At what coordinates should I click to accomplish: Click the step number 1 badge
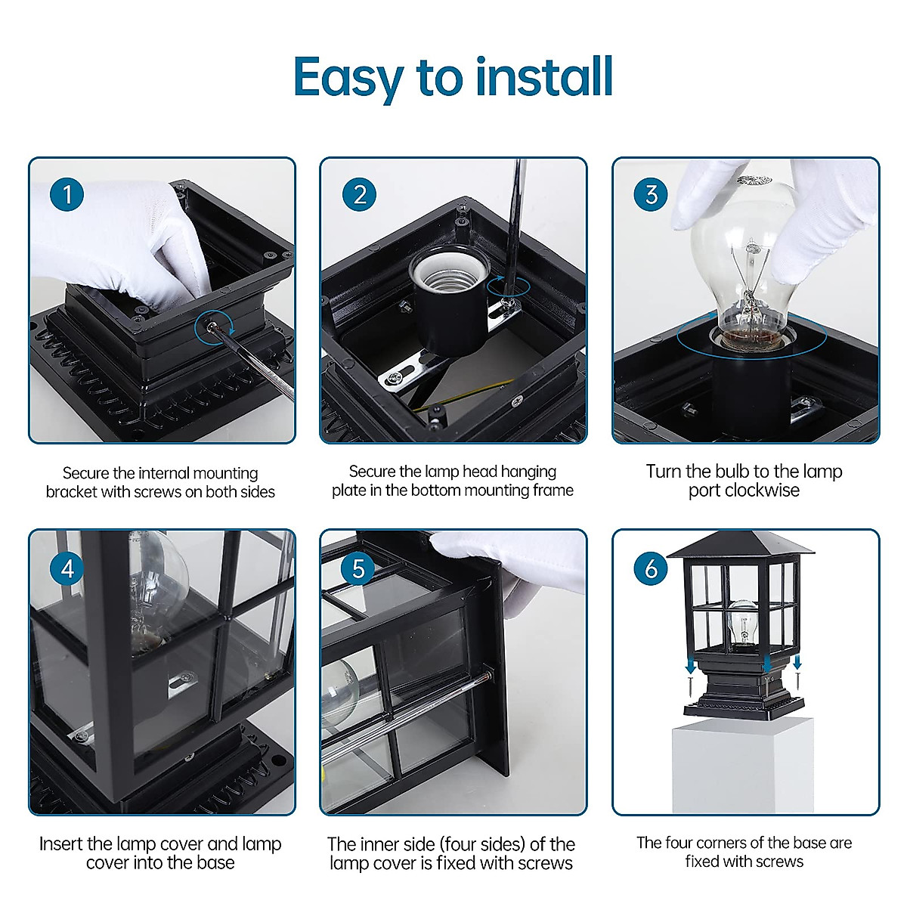67,194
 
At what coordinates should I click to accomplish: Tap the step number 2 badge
359,194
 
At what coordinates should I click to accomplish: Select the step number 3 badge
651,194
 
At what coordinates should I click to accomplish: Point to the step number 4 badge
67,568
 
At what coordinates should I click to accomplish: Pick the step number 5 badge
359,568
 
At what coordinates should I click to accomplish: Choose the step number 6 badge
651,568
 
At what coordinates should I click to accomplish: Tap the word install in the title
544,76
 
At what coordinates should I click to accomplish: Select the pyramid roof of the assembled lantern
740,545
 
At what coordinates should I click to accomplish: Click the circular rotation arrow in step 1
215,327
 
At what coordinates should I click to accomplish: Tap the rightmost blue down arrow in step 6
797,663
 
